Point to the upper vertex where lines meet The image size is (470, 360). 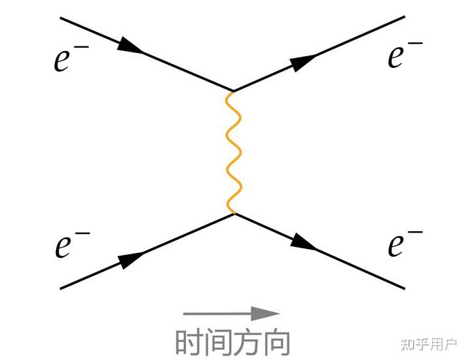point(233,91)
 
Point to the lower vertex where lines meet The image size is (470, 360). point(233,214)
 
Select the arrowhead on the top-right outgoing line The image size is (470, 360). point(303,63)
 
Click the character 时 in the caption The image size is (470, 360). point(189,342)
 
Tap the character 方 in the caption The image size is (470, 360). point(246,342)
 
